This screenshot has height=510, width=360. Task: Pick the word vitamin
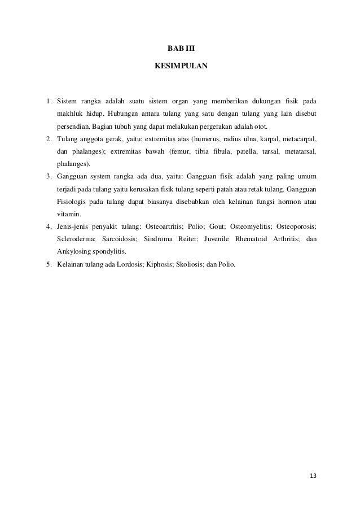click(x=68, y=215)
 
